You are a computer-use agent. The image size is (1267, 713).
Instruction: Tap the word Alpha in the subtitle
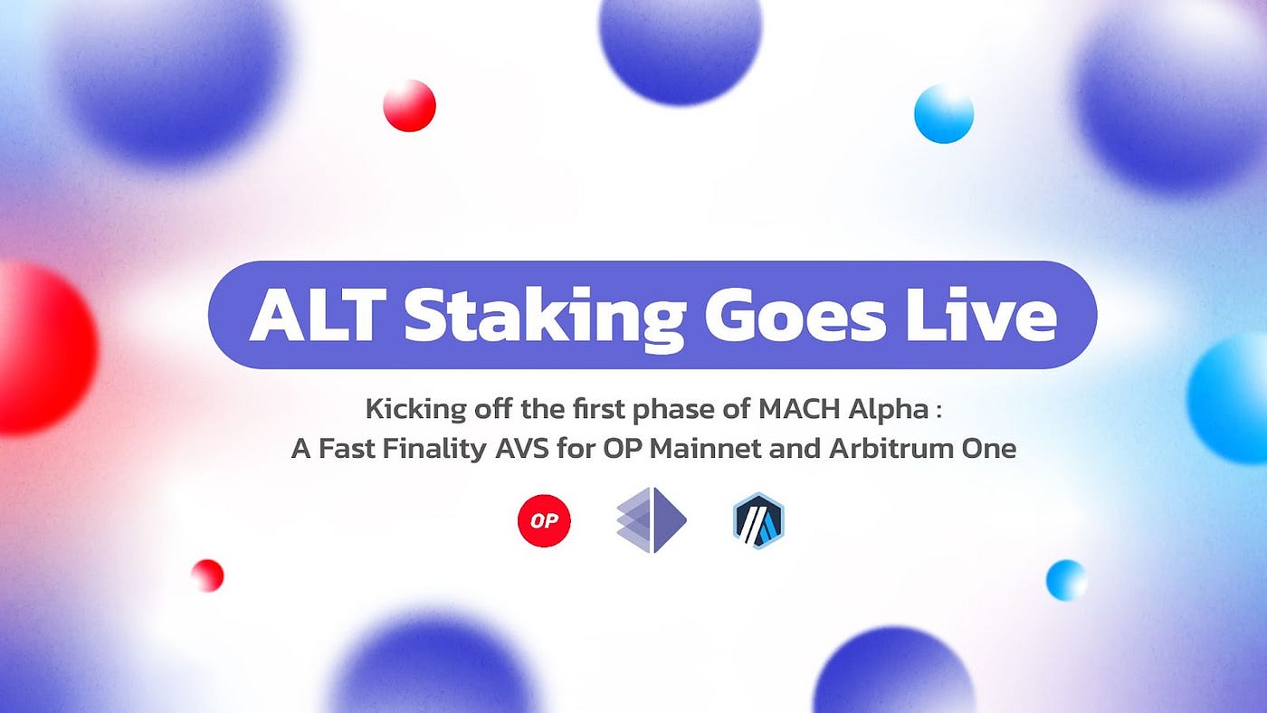tap(891, 410)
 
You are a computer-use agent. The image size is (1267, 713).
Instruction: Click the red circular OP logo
tap(544, 521)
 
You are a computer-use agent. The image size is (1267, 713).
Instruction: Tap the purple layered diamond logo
tap(652, 520)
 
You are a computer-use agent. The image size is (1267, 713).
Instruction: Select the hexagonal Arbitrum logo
tap(758, 521)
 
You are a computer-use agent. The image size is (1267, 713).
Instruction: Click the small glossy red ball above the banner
tap(409, 106)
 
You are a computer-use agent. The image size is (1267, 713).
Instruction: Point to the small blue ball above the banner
tap(943, 114)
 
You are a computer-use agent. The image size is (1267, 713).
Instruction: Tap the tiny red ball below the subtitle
tap(207, 575)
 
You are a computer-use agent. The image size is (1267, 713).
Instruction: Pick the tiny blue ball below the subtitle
tap(1066, 580)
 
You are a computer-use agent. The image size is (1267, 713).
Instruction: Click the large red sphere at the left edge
tap(41, 348)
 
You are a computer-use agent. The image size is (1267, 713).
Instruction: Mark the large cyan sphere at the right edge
tap(1231, 398)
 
